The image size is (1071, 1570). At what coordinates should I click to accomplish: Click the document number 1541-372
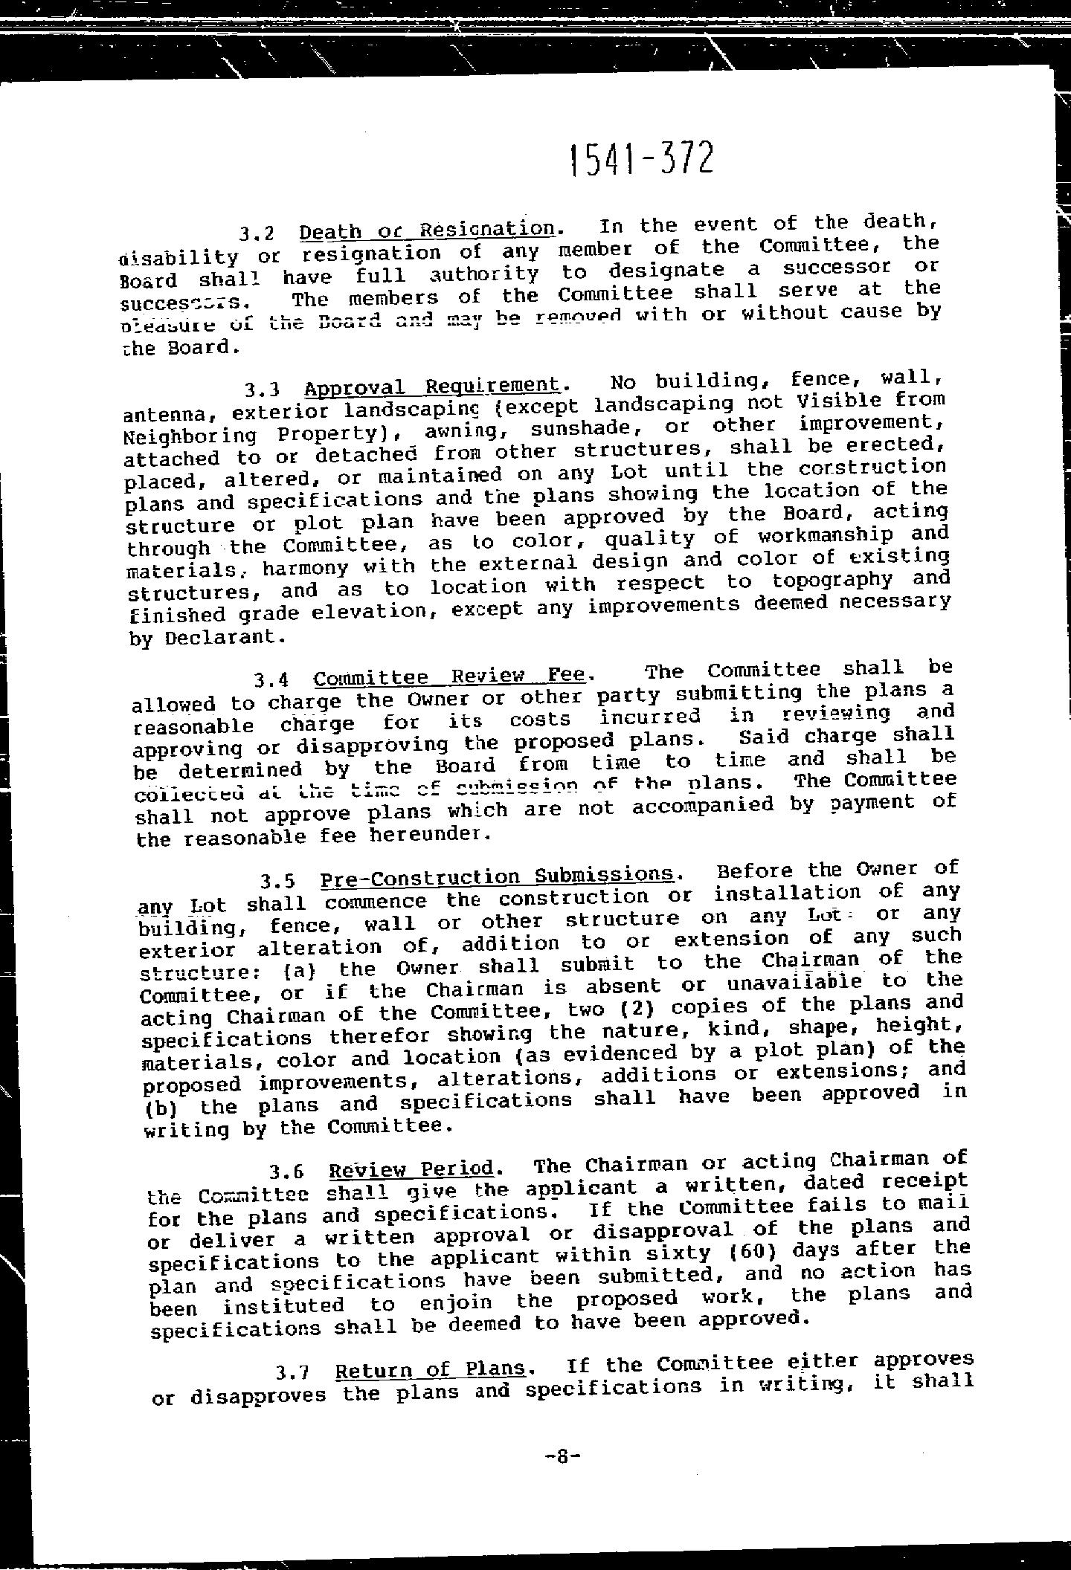pos(640,158)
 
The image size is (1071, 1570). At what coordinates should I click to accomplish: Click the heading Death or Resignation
pos(427,230)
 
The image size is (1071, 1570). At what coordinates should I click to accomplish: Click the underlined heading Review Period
pos(411,1169)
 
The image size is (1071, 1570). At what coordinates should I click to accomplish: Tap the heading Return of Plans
pos(431,1369)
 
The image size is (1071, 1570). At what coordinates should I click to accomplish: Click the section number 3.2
pos(257,233)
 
